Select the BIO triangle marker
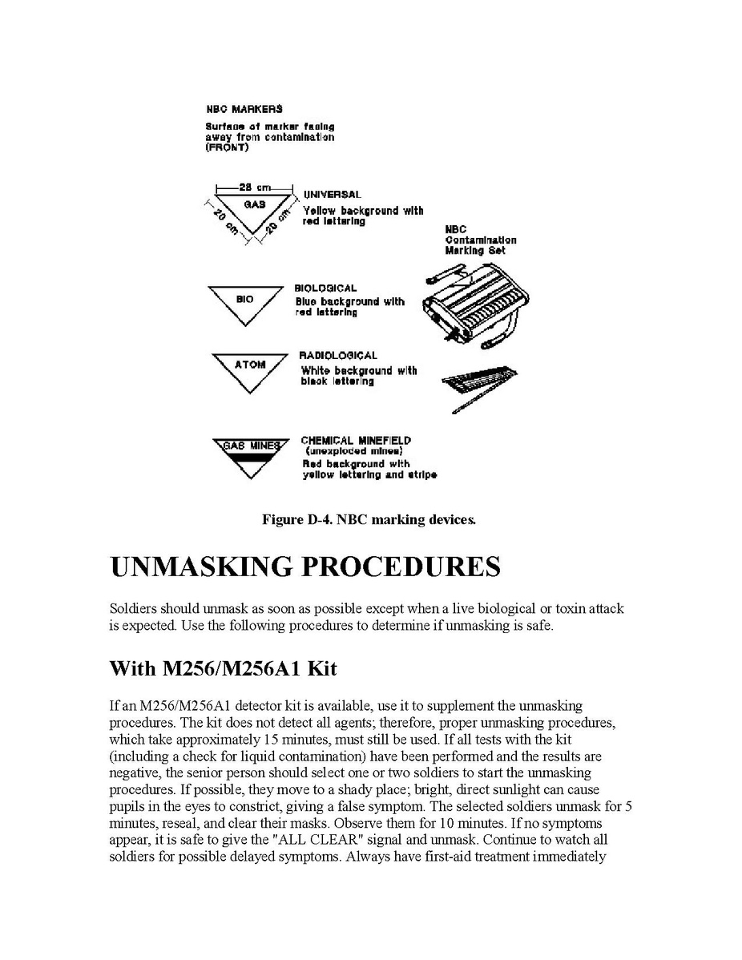(x=244, y=302)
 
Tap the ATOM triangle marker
(x=250, y=369)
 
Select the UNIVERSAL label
(x=333, y=194)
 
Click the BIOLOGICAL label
(x=325, y=288)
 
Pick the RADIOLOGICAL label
(x=337, y=355)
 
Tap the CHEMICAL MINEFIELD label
(x=356, y=440)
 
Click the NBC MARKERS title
(x=244, y=108)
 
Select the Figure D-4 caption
(x=369, y=520)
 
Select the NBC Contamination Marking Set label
(x=481, y=240)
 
